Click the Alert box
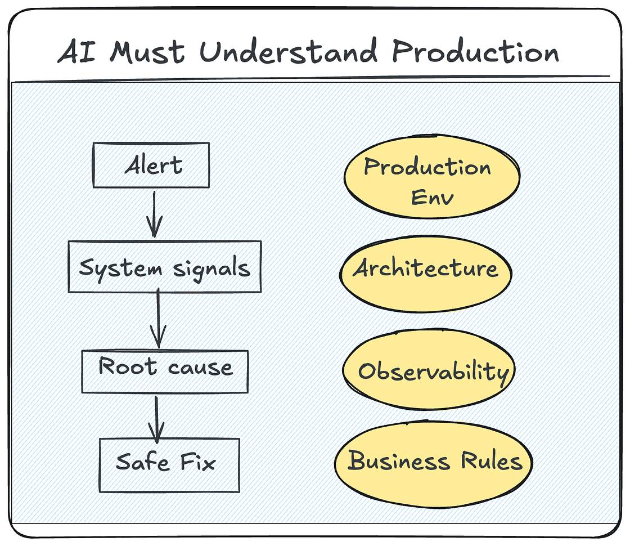tap(151, 165)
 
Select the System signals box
tap(165, 267)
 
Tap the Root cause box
tap(165, 372)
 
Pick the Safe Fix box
tap(169, 465)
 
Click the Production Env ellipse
tap(432, 177)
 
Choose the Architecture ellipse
tap(426, 274)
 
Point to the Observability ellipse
tap(429, 369)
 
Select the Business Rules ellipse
tap(434, 464)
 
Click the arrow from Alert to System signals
tap(154, 214)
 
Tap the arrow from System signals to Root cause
tap(158, 318)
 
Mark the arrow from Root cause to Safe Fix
tap(156, 420)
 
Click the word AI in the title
tap(77, 51)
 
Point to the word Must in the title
tap(147, 51)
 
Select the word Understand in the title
tap(289, 51)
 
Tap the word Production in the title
tap(475, 51)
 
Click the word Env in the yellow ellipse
tap(433, 197)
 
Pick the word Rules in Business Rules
tap(492, 461)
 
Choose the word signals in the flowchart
tap(211, 268)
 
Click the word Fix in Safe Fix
tap(197, 462)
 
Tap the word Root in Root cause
tap(127, 366)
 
